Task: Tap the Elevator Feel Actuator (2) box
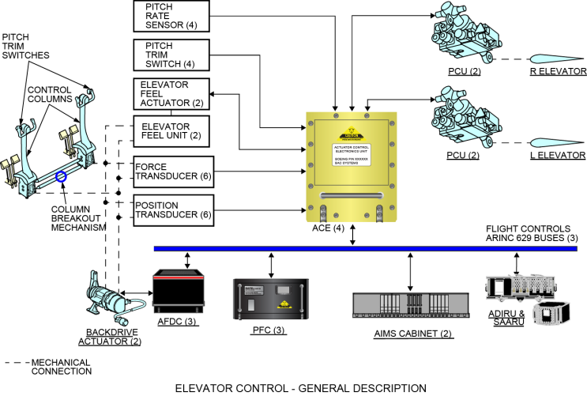coord(171,93)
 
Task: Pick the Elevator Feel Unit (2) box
coord(171,132)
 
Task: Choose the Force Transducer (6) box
coord(171,171)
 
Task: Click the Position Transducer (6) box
coord(171,209)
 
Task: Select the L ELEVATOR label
coord(557,155)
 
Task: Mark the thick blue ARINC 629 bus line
coord(364,248)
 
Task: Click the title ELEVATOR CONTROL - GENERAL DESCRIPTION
coord(301,387)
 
